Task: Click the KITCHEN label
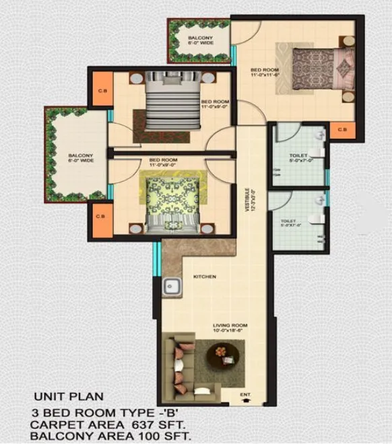point(205,276)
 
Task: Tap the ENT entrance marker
point(244,394)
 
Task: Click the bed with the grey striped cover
point(173,100)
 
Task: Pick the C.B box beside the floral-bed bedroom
point(100,217)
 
